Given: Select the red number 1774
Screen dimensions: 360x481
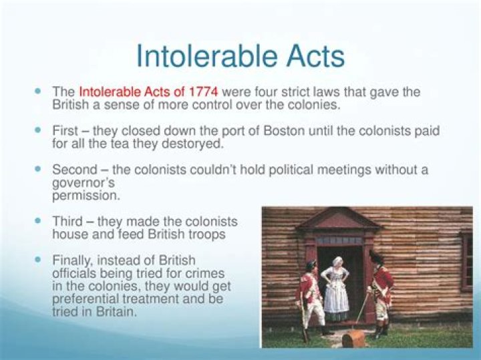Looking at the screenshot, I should coord(204,92).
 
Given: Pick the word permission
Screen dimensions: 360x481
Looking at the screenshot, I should coord(86,196).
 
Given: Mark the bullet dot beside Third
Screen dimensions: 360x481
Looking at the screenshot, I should coord(39,219).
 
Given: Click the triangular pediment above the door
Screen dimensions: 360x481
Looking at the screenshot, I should coord(338,220).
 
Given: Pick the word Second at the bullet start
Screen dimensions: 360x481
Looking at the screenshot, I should coord(74,170).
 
